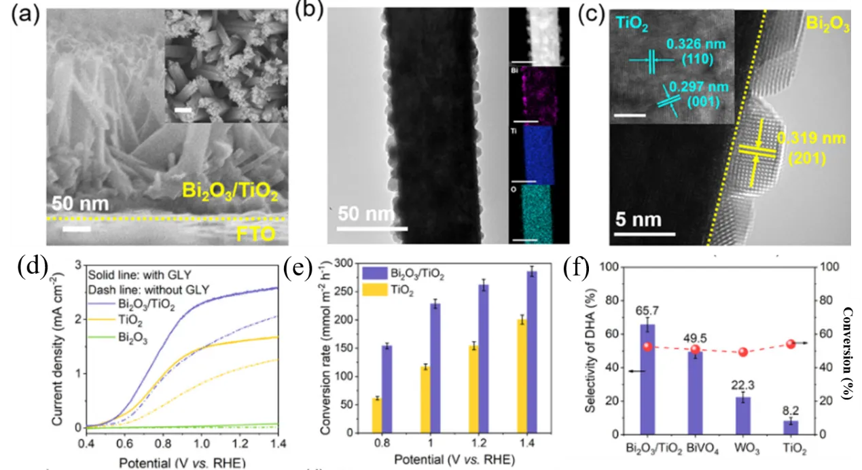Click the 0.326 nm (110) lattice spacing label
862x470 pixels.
(689, 52)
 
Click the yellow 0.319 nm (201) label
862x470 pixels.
(820, 147)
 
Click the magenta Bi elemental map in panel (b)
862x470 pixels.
(531, 95)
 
